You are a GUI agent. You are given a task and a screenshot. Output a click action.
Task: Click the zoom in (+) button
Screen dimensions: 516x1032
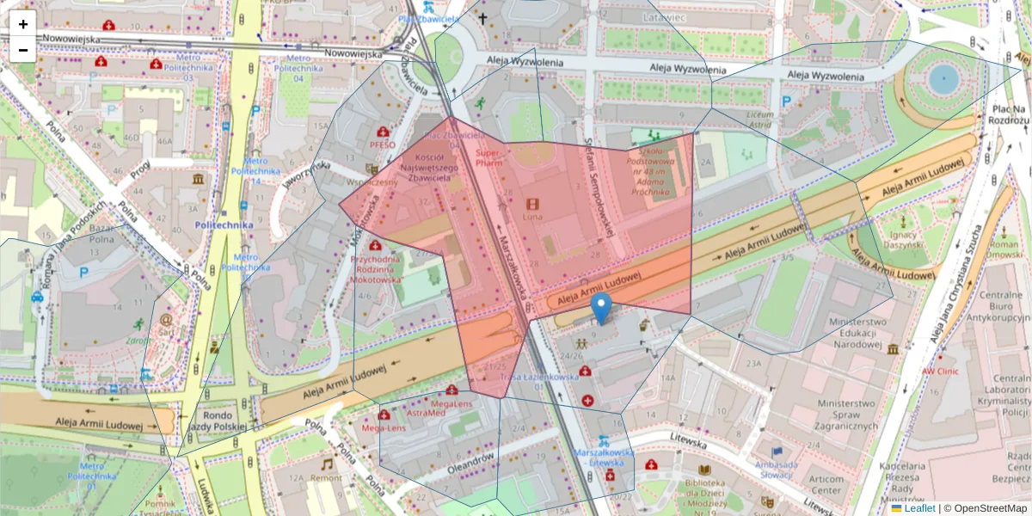tap(23, 24)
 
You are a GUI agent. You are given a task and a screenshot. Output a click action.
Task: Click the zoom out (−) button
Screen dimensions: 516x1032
tap(23, 50)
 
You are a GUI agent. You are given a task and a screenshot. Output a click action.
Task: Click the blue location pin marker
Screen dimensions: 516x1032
tap(602, 308)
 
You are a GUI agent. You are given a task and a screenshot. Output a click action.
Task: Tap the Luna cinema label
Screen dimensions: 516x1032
tap(533, 218)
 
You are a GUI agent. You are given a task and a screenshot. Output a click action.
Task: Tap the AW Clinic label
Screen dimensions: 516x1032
tap(940, 371)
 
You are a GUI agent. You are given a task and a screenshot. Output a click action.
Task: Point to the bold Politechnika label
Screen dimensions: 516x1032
tap(224, 224)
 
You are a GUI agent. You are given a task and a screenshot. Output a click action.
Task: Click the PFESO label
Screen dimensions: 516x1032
tap(383, 144)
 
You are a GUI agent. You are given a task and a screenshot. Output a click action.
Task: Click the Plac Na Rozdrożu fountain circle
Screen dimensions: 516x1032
tap(943, 78)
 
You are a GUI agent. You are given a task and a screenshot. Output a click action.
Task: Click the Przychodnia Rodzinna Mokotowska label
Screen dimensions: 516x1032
tap(376, 268)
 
